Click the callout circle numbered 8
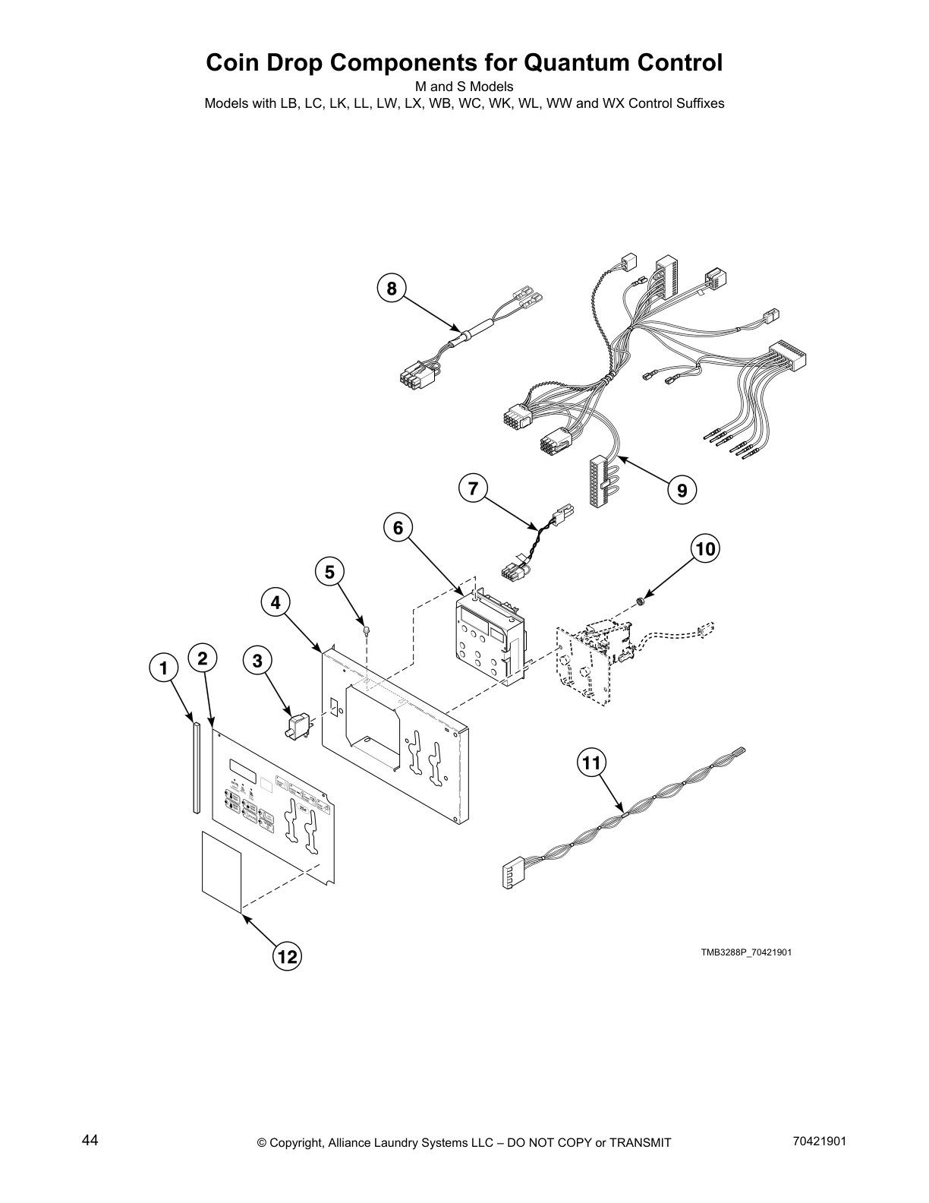click(x=391, y=289)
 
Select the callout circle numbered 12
click(x=288, y=957)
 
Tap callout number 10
click(x=705, y=548)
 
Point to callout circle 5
click(x=329, y=572)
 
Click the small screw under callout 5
click(x=367, y=629)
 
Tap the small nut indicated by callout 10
click(x=640, y=602)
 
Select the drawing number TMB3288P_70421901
click(x=746, y=952)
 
